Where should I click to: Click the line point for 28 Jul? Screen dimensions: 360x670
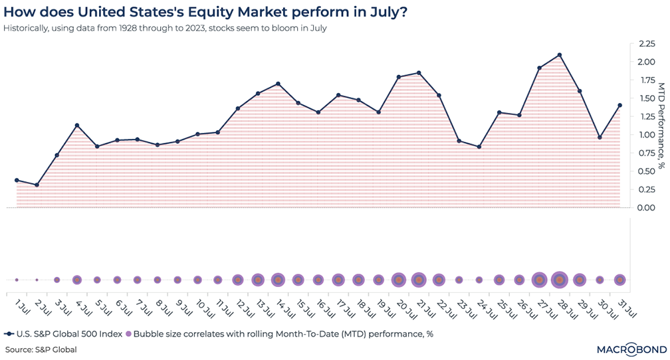tap(560, 55)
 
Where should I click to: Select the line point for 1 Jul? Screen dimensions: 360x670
tap(17, 180)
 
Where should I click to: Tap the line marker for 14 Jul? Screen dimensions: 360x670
tap(278, 84)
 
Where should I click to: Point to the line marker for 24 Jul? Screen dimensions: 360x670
tap(479, 147)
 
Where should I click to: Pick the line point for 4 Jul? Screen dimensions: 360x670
tap(77, 126)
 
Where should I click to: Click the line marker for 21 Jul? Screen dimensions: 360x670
tap(419, 73)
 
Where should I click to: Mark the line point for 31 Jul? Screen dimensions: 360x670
tap(620, 105)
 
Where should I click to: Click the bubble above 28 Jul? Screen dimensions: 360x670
tap(560, 280)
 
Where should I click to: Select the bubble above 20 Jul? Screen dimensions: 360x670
tap(399, 280)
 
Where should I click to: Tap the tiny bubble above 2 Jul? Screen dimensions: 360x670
tap(37, 280)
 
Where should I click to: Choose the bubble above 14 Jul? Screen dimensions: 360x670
tap(278, 280)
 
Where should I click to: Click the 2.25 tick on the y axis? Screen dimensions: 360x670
tap(646, 44)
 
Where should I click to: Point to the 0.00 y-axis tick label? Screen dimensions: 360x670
tap(646, 208)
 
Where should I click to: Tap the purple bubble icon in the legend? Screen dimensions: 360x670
tap(129, 334)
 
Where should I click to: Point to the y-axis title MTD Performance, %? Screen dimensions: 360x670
tap(661, 126)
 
